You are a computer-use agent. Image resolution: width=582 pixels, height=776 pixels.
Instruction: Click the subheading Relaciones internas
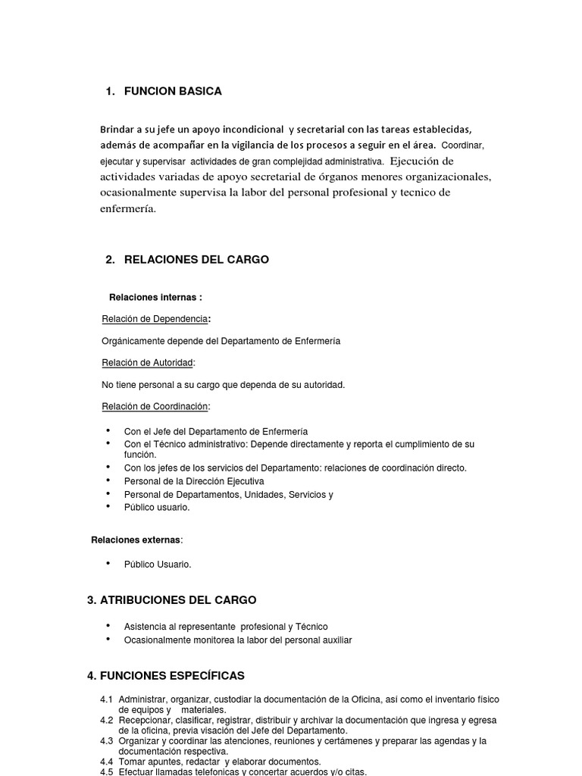coord(155,297)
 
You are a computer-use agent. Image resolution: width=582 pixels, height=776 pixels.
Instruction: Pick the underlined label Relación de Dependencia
coord(155,319)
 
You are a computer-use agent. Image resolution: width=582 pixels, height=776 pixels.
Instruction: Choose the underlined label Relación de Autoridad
coord(148,363)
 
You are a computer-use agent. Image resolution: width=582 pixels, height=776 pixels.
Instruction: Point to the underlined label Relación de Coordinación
coord(155,407)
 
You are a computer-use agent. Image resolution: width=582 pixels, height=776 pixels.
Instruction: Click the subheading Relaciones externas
coord(136,540)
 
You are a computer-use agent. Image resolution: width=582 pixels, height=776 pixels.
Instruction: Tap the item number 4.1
coord(106,699)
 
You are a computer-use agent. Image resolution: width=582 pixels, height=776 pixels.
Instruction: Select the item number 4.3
coord(106,741)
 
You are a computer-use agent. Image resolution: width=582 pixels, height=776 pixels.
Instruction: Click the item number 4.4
coord(106,762)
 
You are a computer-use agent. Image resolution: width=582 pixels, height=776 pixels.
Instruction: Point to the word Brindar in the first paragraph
coord(117,129)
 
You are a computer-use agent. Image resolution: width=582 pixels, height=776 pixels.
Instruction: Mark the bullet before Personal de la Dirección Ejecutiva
coord(109,480)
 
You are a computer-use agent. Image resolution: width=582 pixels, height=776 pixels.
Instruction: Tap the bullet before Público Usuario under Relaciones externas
coord(109,564)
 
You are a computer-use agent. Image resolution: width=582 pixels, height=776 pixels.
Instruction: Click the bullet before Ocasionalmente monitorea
coord(109,640)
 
